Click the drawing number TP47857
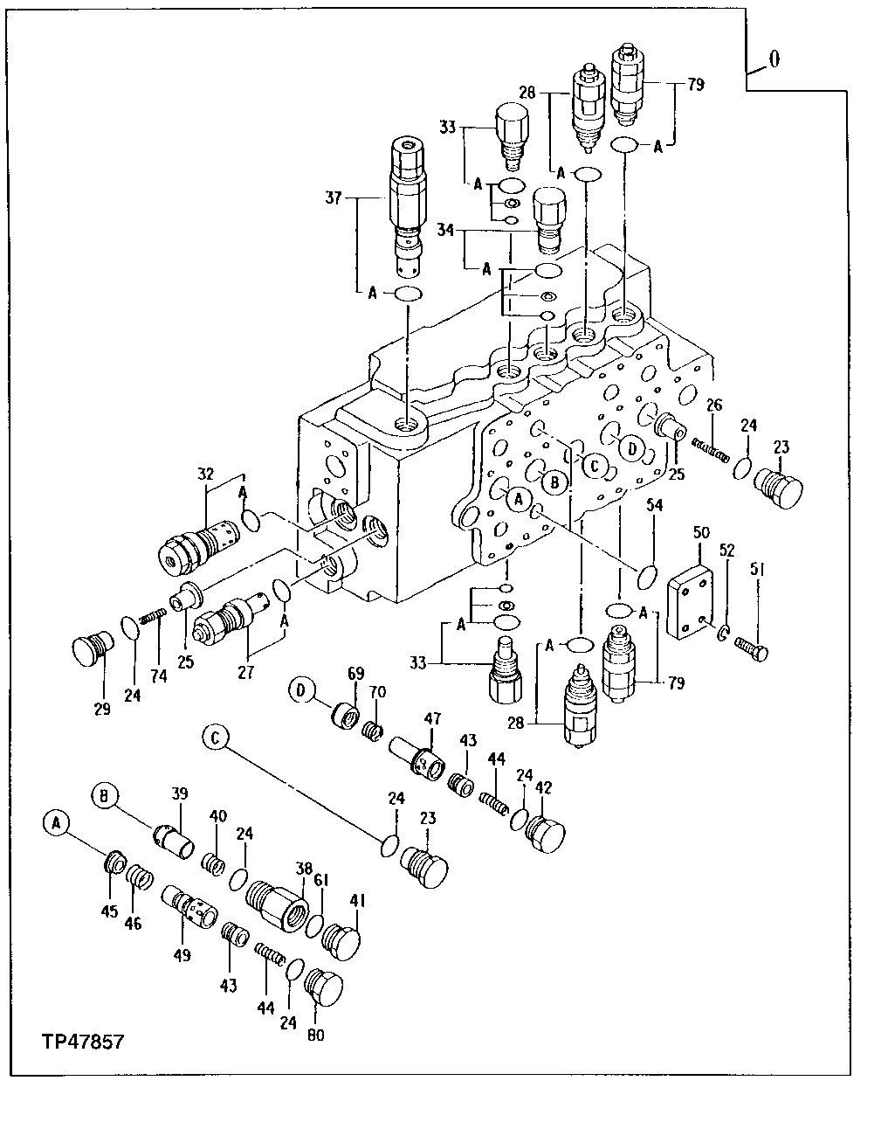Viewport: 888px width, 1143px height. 82,1042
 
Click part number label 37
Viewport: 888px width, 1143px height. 334,199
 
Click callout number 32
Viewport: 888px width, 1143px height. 205,475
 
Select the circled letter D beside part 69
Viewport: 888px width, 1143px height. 300,690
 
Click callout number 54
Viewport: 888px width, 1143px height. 656,506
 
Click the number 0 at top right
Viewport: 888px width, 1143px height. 774,59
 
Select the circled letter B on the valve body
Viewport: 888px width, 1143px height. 554,481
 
